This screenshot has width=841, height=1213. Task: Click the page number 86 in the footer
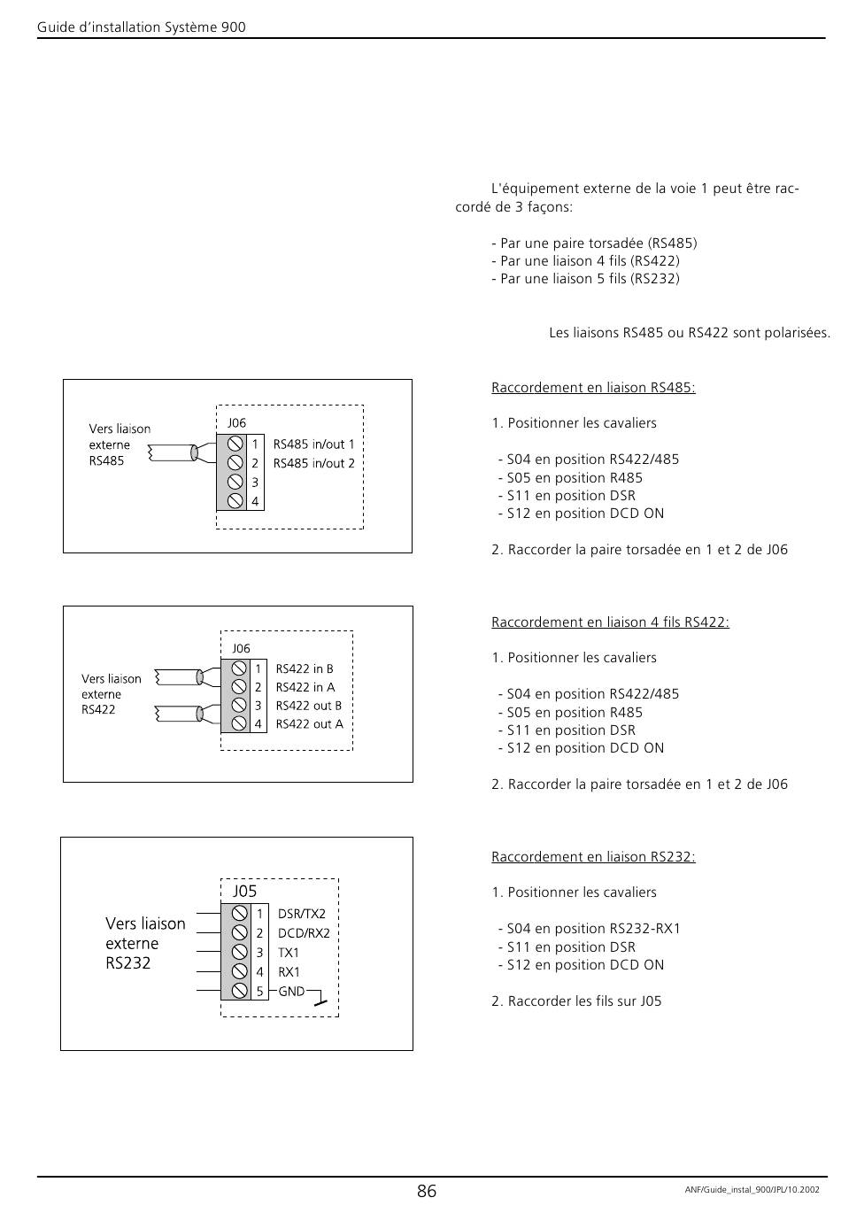(x=426, y=1191)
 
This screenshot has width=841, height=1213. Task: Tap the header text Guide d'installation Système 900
(x=142, y=27)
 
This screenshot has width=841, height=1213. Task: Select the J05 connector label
(x=244, y=891)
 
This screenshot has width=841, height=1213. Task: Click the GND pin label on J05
(x=291, y=991)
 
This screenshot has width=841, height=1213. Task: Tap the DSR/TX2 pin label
(x=302, y=914)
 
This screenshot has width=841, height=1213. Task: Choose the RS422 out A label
(x=309, y=724)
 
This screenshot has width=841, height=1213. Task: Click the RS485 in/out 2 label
(x=313, y=464)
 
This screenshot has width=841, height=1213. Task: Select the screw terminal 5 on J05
(x=239, y=991)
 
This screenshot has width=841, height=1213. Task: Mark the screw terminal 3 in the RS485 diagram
(x=235, y=482)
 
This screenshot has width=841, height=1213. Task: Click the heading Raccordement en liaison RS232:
(x=593, y=857)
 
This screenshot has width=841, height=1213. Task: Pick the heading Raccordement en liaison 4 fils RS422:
(x=610, y=622)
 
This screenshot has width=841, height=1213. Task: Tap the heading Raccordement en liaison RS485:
(x=593, y=388)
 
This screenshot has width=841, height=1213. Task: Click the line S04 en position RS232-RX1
(x=590, y=929)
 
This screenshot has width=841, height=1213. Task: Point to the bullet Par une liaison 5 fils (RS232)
(x=585, y=279)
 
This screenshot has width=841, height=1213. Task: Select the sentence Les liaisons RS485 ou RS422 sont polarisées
(x=690, y=333)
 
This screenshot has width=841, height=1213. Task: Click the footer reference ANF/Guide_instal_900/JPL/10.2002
(x=752, y=1190)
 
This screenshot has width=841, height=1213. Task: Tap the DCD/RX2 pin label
(x=304, y=933)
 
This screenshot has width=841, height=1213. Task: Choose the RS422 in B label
(x=305, y=668)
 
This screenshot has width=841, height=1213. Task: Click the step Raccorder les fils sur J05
(x=576, y=1001)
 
